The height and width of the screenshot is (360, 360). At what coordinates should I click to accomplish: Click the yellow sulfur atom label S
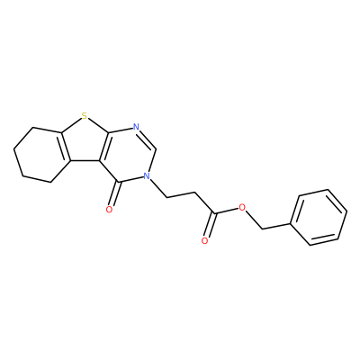point(85,115)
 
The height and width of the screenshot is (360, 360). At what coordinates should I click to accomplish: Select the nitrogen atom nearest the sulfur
point(137,127)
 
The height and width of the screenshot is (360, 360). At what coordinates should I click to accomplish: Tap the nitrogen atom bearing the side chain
point(146,175)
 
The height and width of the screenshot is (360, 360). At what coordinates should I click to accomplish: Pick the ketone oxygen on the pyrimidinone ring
point(109,210)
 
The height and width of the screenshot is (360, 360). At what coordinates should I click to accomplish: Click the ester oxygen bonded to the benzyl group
point(242,207)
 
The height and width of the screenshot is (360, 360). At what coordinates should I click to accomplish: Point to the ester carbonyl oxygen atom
point(205,241)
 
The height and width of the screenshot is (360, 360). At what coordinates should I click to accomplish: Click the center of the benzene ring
point(319,217)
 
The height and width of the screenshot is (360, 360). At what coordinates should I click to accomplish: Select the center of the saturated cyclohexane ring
point(41,155)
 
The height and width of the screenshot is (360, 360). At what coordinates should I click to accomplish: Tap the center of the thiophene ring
point(84,142)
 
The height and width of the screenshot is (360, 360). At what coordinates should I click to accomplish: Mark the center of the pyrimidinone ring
point(128,156)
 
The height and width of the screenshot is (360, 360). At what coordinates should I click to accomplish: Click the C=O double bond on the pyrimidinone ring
point(114,195)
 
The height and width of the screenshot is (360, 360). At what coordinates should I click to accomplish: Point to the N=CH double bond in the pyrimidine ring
point(148,139)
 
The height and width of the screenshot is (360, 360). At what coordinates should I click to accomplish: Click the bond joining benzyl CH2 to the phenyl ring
point(276,226)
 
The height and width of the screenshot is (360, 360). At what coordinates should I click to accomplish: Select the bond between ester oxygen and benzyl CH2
point(254,220)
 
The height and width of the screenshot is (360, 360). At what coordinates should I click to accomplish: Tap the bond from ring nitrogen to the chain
point(157,188)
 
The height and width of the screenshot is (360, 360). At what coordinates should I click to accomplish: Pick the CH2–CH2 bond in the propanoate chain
point(181,194)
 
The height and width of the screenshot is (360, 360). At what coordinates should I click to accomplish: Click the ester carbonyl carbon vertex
point(214,213)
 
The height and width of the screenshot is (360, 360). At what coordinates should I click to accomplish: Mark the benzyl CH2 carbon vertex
point(263,229)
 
